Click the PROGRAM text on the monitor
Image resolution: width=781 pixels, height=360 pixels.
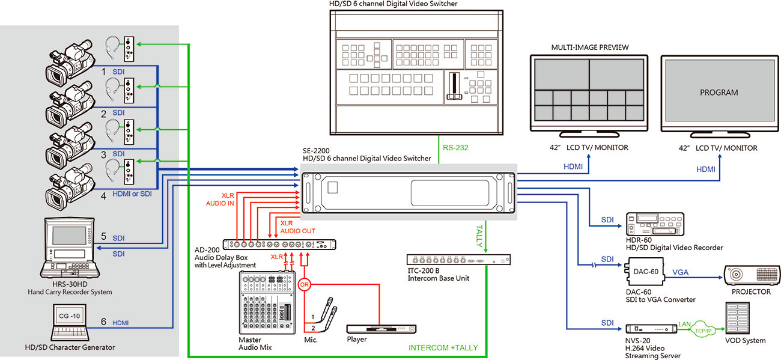pyautogui.click(x=719, y=93)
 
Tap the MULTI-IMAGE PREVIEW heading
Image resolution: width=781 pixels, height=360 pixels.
pyautogui.click(x=589, y=47)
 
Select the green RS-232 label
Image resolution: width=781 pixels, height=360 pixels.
pyautogui.click(x=455, y=148)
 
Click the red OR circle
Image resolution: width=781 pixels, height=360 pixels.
pyautogui.click(x=304, y=284)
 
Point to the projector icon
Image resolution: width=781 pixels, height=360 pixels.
pyautogui.click(x=752, y=275)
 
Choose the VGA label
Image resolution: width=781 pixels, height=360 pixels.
pyautogui.click(x=680, y=272)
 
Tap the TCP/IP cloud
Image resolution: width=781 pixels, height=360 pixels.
pyautogui.click(x=703, y=330)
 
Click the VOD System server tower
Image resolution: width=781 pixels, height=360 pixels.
pyautogui.click(x=737, y=318)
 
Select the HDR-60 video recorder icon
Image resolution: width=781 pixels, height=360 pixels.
pyautogui.click(x=655, y=224)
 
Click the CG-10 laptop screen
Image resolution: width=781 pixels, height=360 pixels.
pyautogui.click(x=69, y=316)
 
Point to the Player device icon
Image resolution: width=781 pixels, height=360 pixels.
pyautogui.click(x=381, y=329)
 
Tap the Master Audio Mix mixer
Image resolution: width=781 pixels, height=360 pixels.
pyautogui.click(x=267, y=302)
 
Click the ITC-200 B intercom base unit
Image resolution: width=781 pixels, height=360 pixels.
pyautogui.click(x=458, y=260)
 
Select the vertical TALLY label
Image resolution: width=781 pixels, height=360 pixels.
pyautogui.click(x=479, y=236)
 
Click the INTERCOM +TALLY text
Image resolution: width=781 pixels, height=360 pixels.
pyautogui.click(x=443, y=348)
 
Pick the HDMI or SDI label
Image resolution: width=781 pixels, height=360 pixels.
pyautogui.click(x=132, y=194)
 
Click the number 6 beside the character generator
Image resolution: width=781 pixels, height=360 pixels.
pyautogui.click(x=103, y=322)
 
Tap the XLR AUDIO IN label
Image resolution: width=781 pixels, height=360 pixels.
pyautogui.click(x=220, y=199)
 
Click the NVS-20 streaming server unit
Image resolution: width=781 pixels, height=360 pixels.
pyautogui.click(x=651, y=329)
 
